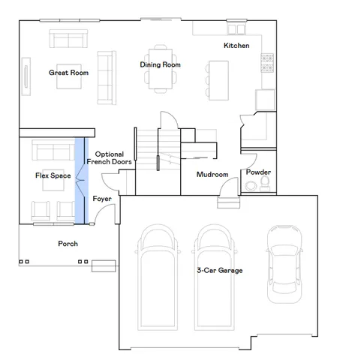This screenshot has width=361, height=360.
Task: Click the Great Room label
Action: pyautogui.click(x=69, y=73)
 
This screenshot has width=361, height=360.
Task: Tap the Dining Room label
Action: pyautogui.click(x=161, y=64)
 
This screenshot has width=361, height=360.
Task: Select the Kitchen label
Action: pyautogui.click(x=236, y=46)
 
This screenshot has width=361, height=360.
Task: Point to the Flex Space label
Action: pyautogui.click(x=53, y=175)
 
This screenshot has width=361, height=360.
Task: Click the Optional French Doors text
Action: pyautogui.click(x=104, y=157)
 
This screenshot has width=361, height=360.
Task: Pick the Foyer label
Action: pyautogui.click(x=102, y=199)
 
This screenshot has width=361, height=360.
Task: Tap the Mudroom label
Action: pyautogui.click(x=212, y=174)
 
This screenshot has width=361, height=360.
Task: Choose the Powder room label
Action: pyautogui.click(x=258, y=172)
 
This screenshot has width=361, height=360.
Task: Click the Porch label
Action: pyautogui.click(x=68, y=244)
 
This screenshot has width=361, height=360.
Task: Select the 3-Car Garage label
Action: pyautogui.click(x=220, y=270)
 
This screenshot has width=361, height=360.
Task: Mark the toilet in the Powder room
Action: pyautogui.click(x=263, y=184)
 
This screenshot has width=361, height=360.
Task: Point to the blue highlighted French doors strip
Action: pyautogui.click(x=80, y=181)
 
